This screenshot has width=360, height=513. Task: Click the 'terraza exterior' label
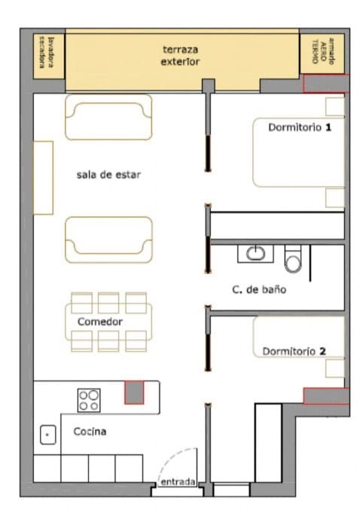[180, 55]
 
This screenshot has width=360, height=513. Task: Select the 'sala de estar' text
[108, 175]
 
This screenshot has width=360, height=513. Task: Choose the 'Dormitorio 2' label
[294, 351]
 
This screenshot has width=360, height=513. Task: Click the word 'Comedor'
[100, 322]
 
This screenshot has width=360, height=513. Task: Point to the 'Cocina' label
[89, 432]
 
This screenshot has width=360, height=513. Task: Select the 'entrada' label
[178, 482]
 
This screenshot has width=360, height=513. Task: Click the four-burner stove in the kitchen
[89, 399]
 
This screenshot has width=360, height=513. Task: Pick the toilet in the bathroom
[293, 260]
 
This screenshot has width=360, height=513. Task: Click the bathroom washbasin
[255, 253]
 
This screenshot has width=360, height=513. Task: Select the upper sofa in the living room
[108, 117]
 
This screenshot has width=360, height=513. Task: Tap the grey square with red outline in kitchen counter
[134, 392]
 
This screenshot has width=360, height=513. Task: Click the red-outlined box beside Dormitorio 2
[325, 395]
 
